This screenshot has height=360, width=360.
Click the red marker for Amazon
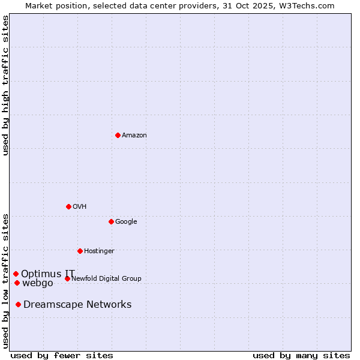coord(118,135)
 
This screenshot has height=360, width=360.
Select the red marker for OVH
coord(68,206)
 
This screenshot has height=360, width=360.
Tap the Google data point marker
coord(111,221)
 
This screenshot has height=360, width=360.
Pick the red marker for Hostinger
coord(80,251)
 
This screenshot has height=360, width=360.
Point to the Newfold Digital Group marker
coord(67,278)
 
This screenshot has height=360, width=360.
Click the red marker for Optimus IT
coord(16,274)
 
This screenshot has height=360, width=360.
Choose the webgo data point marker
coord(17,283)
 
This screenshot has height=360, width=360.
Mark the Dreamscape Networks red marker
coord(18,304)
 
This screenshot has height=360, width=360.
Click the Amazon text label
coord(134,136)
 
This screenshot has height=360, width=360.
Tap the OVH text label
coord(80,207)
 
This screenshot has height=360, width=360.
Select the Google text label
coord(126,222)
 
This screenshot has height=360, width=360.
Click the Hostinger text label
coord(99,251)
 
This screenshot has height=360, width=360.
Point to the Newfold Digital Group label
coord(106,279)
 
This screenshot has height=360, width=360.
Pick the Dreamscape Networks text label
coord(77,305)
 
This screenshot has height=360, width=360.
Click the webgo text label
coord(38,283)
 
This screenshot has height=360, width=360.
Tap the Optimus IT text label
coord(48,274)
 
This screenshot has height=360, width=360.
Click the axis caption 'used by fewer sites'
coord(62,355)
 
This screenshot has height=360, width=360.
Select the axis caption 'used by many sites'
coord(301,355)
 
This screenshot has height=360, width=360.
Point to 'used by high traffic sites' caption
coord(5,86)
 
